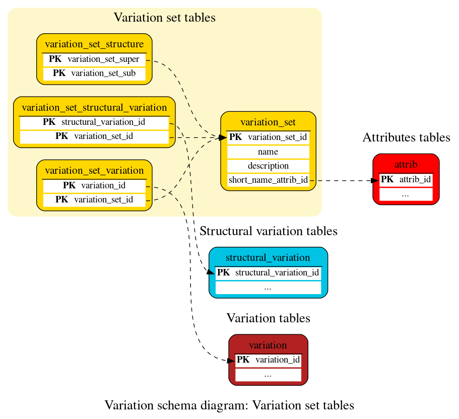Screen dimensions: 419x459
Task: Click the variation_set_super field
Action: [x=103, y=59]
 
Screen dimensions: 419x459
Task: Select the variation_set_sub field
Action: [x=103, y=74]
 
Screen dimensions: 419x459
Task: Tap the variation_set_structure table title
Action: [x=94, y=44]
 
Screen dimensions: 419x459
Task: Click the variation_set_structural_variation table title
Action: [x=94, y=107]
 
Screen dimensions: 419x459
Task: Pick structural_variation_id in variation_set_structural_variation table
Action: [x=103, y=122]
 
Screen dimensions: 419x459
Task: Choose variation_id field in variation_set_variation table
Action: [x=103, y=185]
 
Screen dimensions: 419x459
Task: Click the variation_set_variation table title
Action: [x=94, y=170]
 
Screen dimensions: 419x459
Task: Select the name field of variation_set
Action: [x=268, y=152]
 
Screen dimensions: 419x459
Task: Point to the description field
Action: [x=268, y=166]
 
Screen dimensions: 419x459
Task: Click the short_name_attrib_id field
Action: [x=268, y=180]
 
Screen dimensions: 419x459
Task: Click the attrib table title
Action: [x=406, y=165]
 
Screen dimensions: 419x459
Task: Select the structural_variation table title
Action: [x=268, y=258]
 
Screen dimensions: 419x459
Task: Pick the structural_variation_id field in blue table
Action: [x=277, y=273]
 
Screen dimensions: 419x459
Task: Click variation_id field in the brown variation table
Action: [x=277, y=360]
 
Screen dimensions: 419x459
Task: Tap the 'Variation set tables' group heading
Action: [x=164, y=18]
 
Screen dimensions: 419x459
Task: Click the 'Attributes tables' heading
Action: [x=406, y=137]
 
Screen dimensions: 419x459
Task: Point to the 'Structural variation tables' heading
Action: [x=268, y=231]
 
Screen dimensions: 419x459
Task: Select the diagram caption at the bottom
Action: [x=229, y=405]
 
